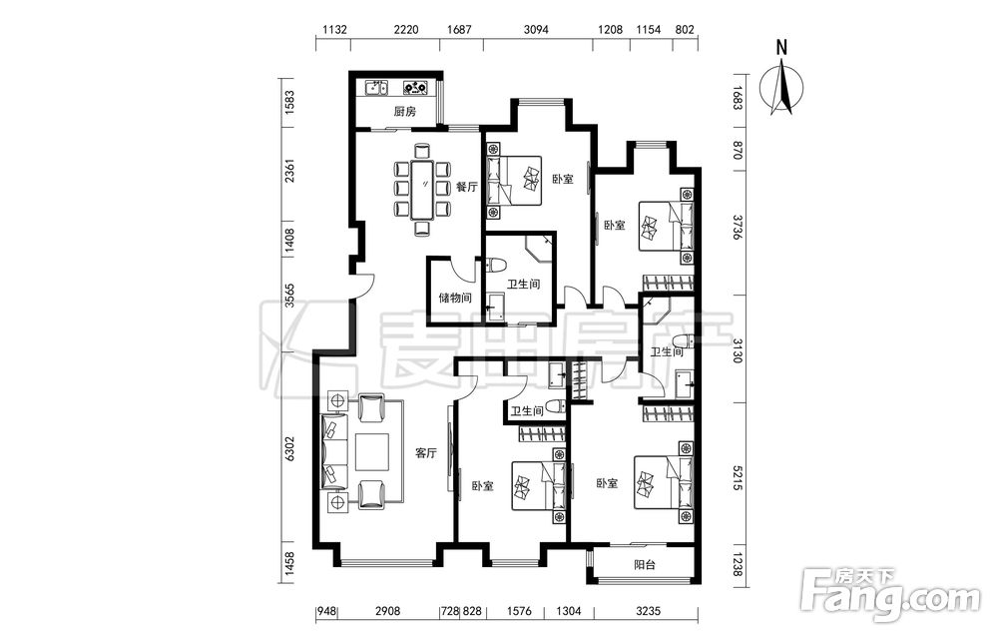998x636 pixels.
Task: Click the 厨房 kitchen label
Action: coord(404,112)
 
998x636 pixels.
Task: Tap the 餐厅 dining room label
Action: coord(466,187)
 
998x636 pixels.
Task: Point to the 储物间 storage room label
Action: coord(455,298)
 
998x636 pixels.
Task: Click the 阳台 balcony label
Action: coord(645,565)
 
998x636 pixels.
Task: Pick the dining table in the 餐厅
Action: coord(421,190)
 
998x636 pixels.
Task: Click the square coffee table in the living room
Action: coord(371,452)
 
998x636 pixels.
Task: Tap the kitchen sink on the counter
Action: coord(376,87)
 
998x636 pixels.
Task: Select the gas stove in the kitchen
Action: coord(415,87)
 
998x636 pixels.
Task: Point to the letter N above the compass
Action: coord(782,47)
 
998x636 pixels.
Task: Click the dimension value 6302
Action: coord(290,449)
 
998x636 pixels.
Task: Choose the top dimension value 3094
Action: coord(536,29)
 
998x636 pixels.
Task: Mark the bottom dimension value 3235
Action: coord(648,611)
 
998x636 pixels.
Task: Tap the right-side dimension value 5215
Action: coord(738,478)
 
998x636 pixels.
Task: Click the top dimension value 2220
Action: coord(406,29)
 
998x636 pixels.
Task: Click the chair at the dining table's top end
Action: coord(421,151)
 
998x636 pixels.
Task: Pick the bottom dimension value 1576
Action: coord(519,611)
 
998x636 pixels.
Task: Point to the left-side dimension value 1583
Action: coord(290,102)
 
